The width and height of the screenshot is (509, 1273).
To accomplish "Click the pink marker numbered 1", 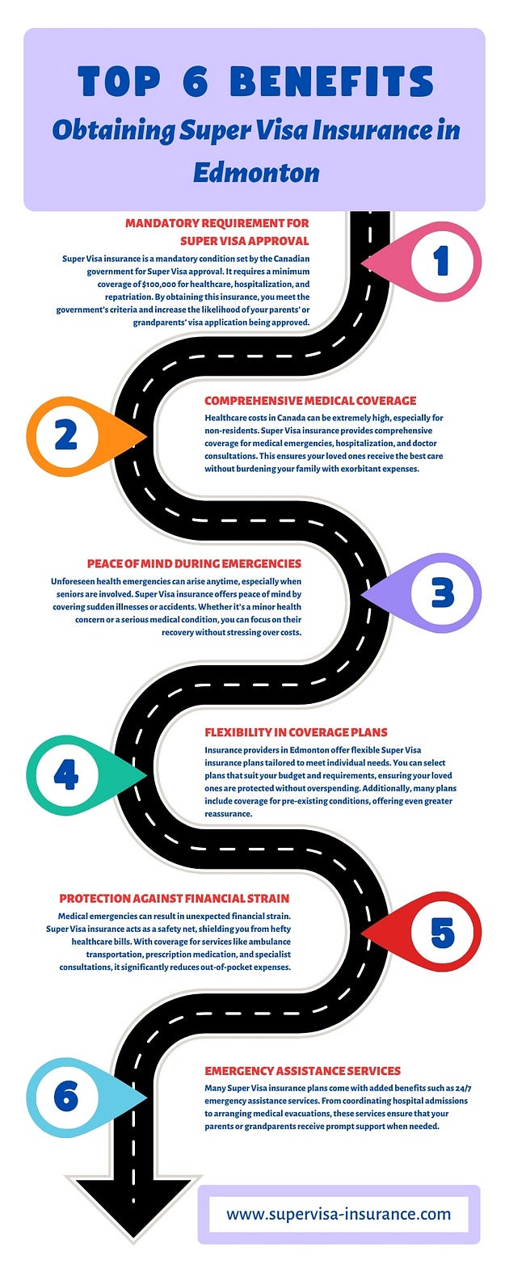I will point(440,261).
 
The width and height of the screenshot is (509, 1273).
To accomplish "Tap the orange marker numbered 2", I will point(65,436).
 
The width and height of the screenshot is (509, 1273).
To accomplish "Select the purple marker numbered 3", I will point(442,593).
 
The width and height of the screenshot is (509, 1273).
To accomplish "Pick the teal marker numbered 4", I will point(65,775).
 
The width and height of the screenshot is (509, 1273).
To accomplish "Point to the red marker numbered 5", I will point(442,933).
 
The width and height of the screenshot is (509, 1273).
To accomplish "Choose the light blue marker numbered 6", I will point(65,1097).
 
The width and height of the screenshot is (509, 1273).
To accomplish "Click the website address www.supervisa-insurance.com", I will point(339,1214).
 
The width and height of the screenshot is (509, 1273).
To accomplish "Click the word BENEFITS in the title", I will point(331,82).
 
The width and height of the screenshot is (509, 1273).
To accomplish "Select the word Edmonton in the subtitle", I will point(255,172).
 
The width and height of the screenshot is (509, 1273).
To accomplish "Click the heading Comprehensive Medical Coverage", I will point(310,401).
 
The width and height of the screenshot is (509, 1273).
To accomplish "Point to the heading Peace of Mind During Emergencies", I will point(194,563).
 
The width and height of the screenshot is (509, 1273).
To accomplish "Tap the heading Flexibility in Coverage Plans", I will point(296,732).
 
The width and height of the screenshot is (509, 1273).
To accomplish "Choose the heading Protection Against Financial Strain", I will point(174,898).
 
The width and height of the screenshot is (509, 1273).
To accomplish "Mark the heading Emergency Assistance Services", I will point(302,1070).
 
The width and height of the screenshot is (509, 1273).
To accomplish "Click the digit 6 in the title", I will point(196,82).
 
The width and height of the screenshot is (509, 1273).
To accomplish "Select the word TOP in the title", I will point(119,82).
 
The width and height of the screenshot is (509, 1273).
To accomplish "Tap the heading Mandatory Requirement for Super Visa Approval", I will point(217,231).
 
